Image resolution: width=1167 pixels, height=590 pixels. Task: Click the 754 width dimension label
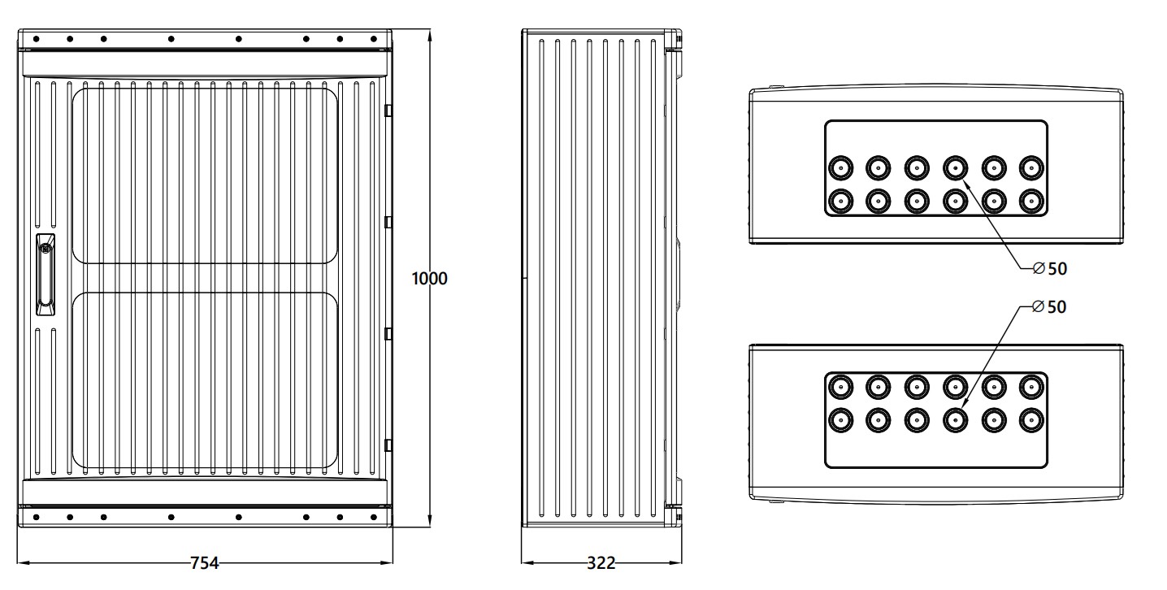(x=204, y=562)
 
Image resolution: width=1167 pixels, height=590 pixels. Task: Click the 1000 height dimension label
(x=429, y=279)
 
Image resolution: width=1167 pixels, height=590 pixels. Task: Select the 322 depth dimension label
(x=601, y=562)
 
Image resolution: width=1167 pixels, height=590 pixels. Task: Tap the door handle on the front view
(x=46, y=274)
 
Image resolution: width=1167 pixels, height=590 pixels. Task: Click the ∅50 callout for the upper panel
(x=1048, y=268)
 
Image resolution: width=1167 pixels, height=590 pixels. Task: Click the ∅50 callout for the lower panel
(x=1048, y=307)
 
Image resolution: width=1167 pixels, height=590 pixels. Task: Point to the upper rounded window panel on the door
(x=206, y=176)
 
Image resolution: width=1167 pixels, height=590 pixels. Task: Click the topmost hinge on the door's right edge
(x=388, y=109)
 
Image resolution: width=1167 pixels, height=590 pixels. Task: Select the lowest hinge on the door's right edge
(x=388, y=444)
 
